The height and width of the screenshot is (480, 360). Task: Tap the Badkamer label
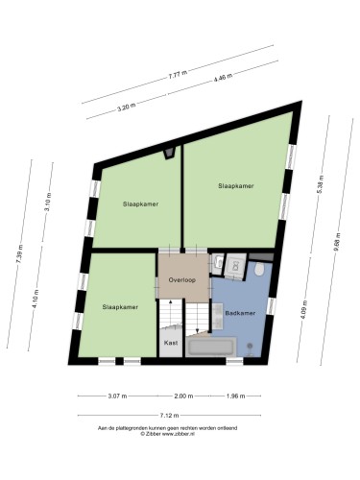(x=239, y=314)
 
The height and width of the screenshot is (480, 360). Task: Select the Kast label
(x=171, y=343)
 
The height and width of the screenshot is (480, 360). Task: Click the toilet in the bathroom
(x=259, y=272)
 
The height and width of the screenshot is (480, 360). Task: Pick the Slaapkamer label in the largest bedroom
(x=235, y=185)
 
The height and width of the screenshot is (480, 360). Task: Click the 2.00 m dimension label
(x=182, y=396)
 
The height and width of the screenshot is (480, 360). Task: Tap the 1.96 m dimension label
(x=236, y=396)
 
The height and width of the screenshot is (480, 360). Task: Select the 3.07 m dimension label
(x=116, y=396)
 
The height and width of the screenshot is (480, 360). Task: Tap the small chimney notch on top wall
(x=171, y=151)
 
